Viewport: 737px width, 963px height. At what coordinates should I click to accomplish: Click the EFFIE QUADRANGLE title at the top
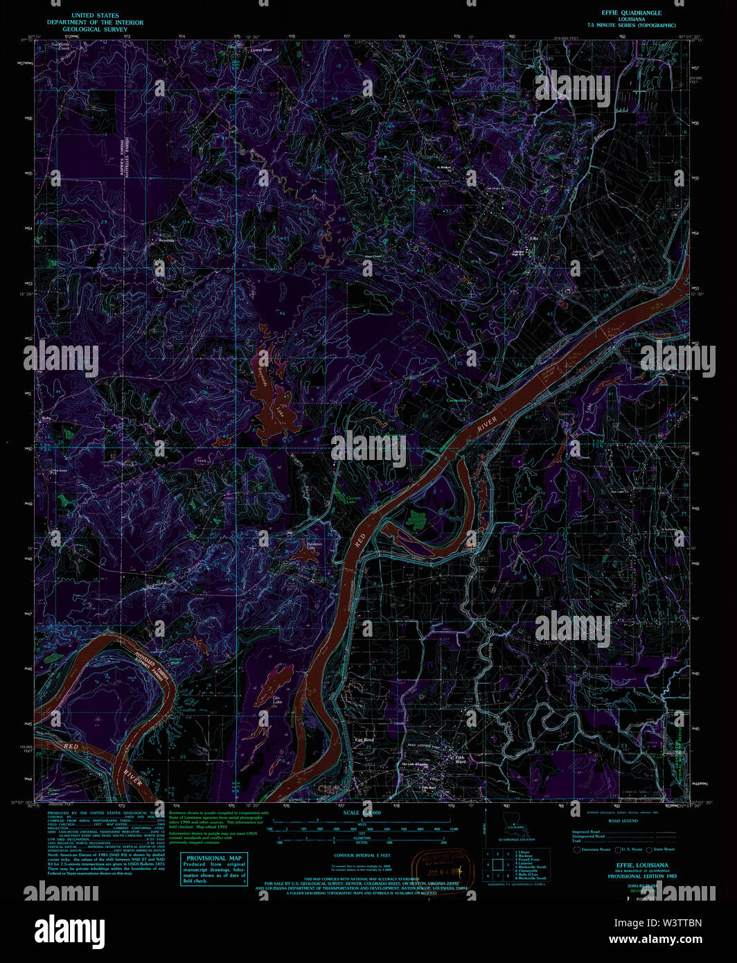631,12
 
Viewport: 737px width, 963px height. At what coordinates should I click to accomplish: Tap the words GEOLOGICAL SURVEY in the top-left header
95,30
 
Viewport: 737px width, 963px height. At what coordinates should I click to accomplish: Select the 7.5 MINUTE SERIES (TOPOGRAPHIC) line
631,25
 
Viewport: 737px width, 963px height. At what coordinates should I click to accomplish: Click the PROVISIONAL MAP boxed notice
214,869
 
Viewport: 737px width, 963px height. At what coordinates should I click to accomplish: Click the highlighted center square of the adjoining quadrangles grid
497,864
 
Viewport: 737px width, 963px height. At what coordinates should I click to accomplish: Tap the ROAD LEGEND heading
623,821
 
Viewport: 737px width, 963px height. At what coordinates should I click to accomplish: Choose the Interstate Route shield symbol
576,849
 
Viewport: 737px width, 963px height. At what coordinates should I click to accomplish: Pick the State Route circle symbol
649,849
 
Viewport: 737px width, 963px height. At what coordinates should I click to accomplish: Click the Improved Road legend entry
586,831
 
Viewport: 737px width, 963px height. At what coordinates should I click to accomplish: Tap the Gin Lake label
277,700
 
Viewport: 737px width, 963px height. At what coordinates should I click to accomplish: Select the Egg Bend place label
364,740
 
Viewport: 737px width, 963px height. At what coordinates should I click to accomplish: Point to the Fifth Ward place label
460,759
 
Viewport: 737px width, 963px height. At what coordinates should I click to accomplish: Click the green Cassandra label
456,400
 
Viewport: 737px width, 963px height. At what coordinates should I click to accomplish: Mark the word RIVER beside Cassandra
487,425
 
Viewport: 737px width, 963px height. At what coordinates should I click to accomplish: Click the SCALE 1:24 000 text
362,813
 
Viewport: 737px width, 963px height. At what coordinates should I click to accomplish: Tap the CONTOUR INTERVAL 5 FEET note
362,856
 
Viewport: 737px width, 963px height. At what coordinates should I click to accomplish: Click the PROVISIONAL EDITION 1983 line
642,876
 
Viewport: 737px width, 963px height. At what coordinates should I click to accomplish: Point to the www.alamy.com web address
655,939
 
